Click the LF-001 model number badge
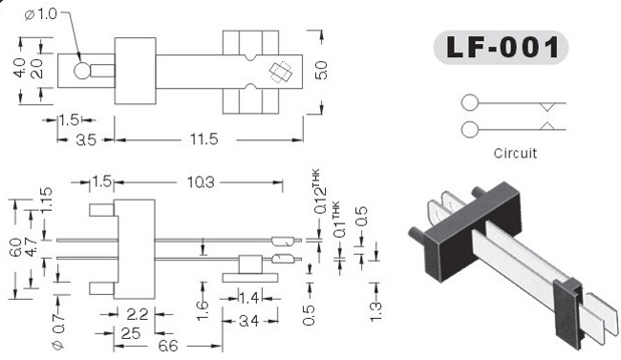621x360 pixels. coord(501,48)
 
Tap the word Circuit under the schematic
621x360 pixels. coord(515,154)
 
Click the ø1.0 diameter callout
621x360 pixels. coord(41,14)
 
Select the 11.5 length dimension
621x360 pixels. coord(203,139)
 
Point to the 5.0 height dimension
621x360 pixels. coord(322,71)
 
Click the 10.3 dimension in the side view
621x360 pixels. coord(201,182)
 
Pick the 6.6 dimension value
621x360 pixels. coord(168,346)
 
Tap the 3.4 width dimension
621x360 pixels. coord(249,321)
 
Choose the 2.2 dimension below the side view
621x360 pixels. coord(137,314)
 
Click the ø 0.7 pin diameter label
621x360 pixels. coord(58,331)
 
